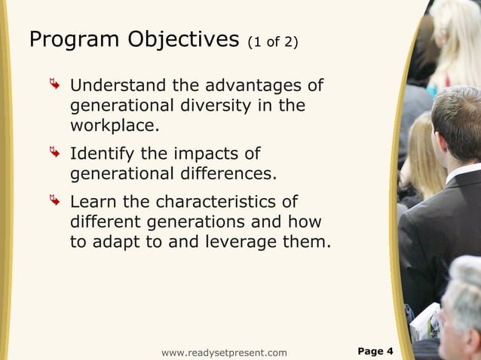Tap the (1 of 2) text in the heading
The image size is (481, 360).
(x=272, y=42)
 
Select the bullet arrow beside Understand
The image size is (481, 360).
(x=54, y=85)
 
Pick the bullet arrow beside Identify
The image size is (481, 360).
(x=54, y=154)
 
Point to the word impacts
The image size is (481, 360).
(x=205, y=154)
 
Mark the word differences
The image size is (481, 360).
(x=228, y=175)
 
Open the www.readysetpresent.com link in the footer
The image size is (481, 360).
(x=224, y=352)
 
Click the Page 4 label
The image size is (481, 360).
(x=375, y=351)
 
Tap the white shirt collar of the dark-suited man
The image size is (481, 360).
(x=461, y=174)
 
